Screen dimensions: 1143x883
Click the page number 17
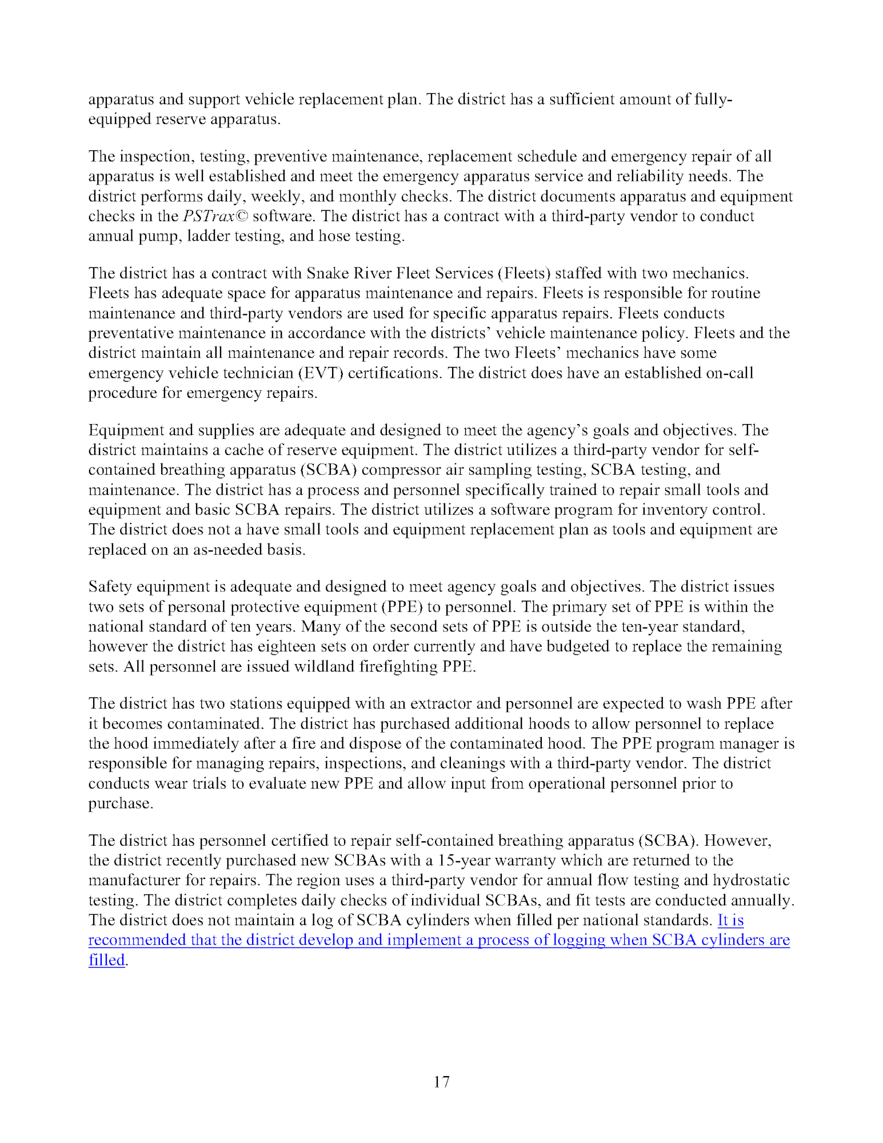click(441, 1081)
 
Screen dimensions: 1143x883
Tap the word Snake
click(326, 273)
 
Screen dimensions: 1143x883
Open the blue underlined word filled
click(106, 960)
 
